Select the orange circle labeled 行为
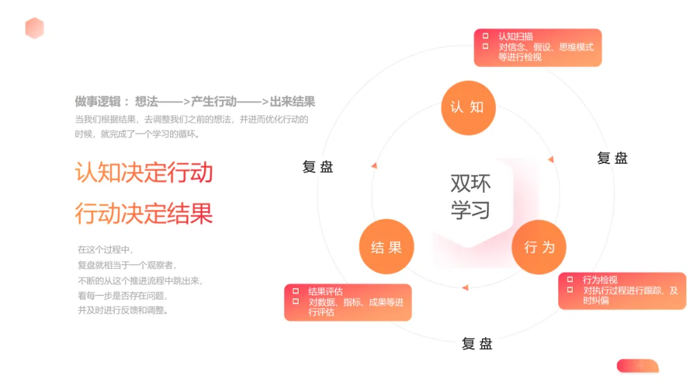(538, 248)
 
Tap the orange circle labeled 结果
(386, 248)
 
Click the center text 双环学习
(470, 196)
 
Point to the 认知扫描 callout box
(538, 47)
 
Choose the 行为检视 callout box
(621, 291)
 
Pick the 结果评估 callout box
(348, 302)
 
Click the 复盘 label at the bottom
(477, 344)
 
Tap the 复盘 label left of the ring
(318, 167)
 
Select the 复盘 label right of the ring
(612, 158)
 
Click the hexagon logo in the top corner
(35, 28)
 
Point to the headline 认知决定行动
(144, 173)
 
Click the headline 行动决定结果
(144, 214)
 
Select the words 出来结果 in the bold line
(292, 101)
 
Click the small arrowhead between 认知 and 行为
(551, 158)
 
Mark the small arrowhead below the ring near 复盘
(465, 287)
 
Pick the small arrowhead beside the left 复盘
(373, 165)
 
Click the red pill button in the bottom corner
(637, 366)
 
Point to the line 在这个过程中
(105, 250)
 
